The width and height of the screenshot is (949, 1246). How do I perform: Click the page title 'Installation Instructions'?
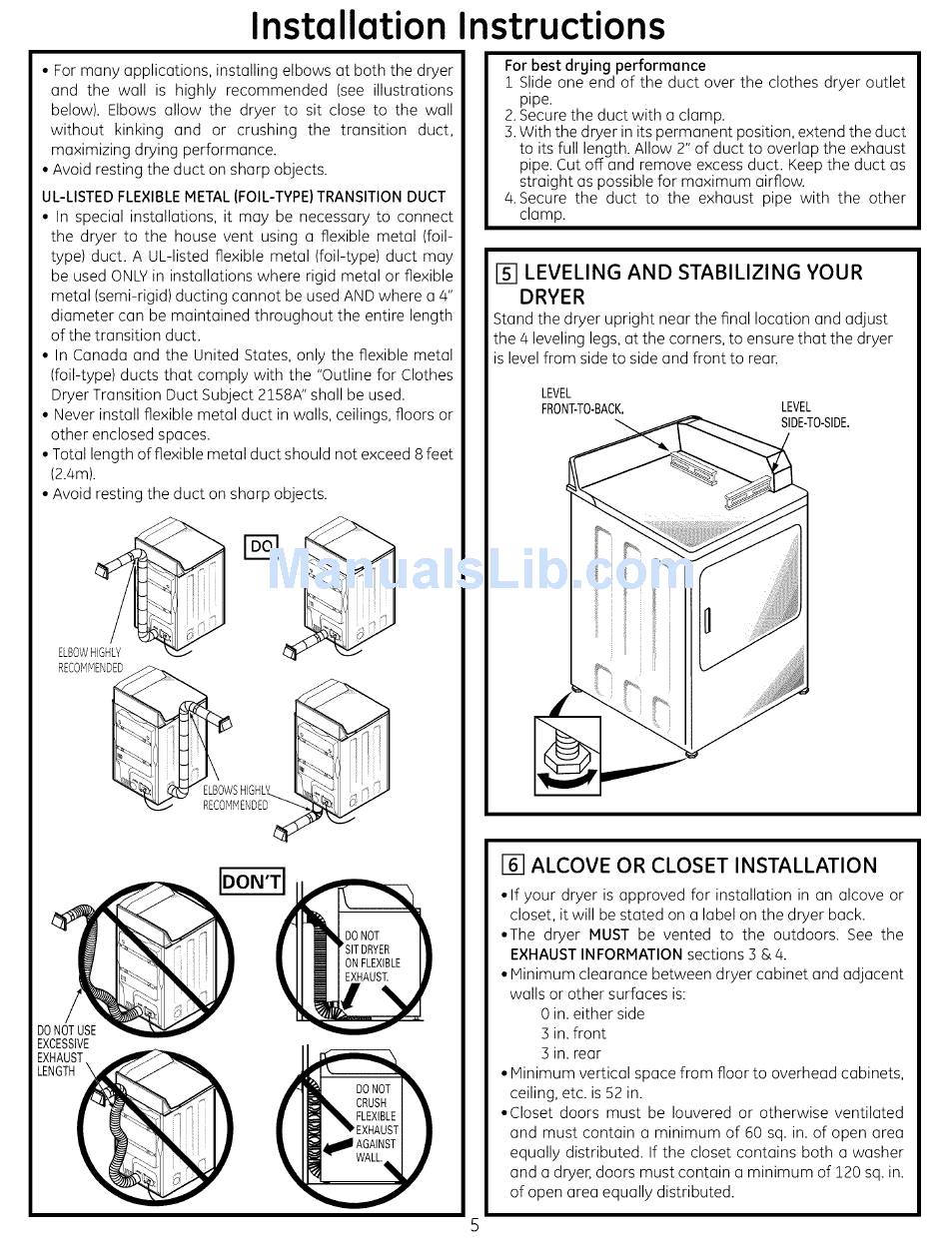click(x=458, y=25)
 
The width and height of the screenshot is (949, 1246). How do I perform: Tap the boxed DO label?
click(x=261, y=546)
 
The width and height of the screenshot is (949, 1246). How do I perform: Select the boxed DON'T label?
click(x=252, y=882)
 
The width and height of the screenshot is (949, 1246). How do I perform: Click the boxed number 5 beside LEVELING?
click(x=506, y=273)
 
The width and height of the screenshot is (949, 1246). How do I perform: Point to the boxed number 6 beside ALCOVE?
click(x=512, y=866)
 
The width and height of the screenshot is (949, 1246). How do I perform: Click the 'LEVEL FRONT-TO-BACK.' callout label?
click(x=581, y=401)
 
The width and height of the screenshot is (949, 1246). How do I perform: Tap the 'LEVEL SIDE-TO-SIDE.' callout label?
click(x=814, y=414)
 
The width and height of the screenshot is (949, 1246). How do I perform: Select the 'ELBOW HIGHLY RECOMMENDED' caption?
click(x=90, y=660)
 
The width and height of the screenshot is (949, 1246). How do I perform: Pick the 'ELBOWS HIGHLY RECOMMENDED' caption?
click(x=236, y=798)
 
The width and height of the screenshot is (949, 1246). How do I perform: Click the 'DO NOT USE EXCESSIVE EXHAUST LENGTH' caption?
click(x=66, y=1050)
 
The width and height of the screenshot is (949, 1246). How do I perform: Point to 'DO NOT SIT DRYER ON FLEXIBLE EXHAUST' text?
click(x=372, y=956)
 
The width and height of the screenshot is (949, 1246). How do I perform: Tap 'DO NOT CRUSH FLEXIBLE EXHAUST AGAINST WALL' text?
click(x=376, y=1123)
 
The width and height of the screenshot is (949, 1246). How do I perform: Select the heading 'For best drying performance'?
click(x=604, y=66)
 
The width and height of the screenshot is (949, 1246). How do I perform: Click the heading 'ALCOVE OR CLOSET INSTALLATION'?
click(x=703, y=866)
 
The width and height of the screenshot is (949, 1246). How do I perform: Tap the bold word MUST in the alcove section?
click(x=608, y=934)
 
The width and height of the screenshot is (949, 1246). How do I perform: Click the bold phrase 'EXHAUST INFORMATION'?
click(x=595, y=954)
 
